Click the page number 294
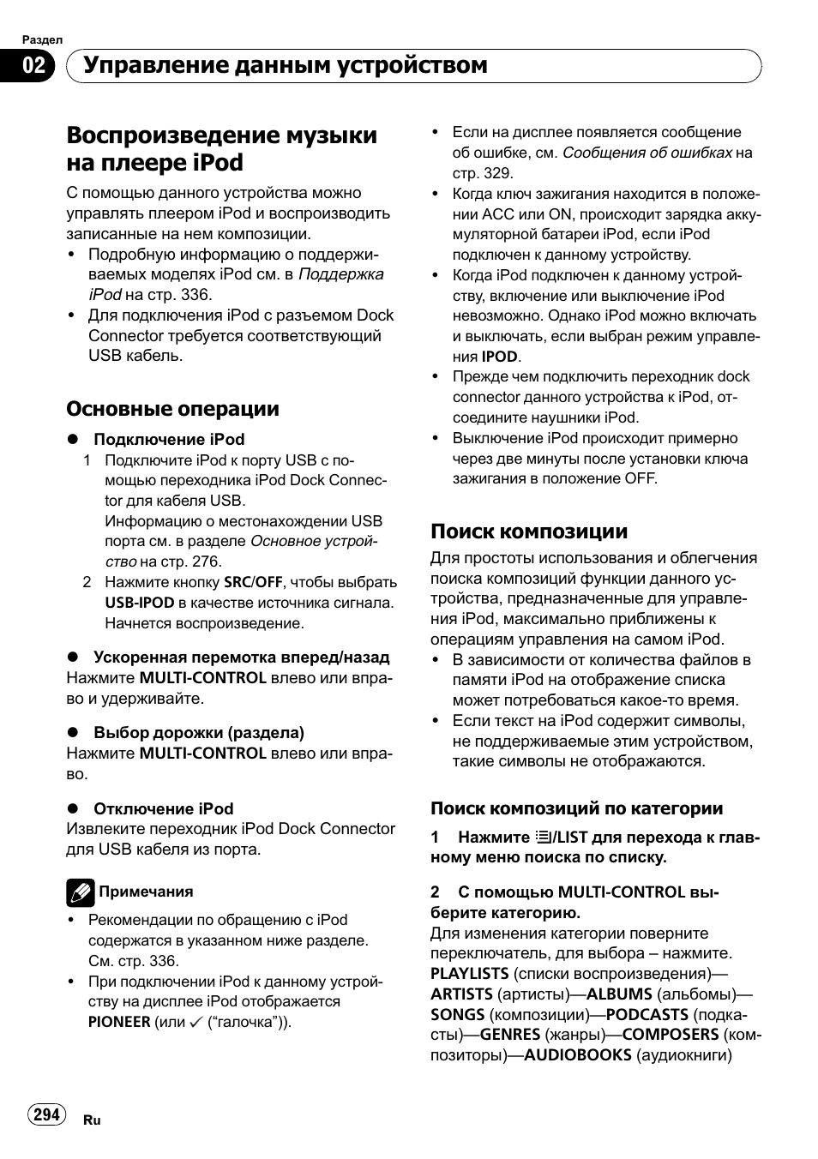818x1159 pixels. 46,1114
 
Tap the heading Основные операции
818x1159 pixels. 172,408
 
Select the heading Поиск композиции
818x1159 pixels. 528,531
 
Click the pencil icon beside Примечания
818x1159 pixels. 80,892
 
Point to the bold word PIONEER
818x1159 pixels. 118,1022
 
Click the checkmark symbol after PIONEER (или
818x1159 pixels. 196,1022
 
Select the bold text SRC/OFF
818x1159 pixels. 253,582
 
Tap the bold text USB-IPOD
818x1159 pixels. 139,603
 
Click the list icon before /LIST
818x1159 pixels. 542,838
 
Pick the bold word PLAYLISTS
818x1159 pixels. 469,973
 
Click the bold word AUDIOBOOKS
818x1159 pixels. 577,1054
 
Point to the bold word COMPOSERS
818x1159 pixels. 670,1034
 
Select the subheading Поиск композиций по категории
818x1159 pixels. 576,808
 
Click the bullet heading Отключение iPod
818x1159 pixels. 163,808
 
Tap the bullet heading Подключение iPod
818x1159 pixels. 169,439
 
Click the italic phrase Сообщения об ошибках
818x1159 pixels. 647,153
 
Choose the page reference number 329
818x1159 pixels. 498,173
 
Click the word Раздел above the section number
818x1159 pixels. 41,39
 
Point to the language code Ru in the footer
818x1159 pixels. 92,1120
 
